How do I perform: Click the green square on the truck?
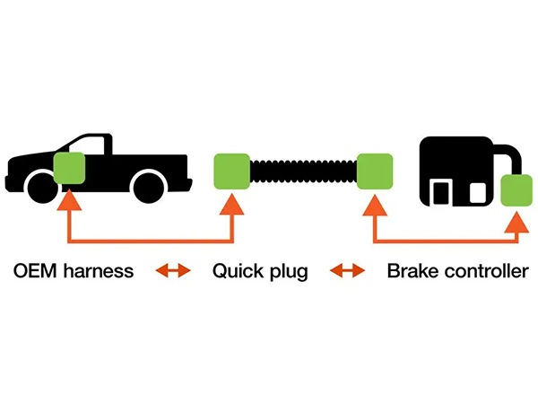click(x=69, y=168)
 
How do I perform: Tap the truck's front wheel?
click(x=42, y=189)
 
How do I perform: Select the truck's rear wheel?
click(x=149, y=189)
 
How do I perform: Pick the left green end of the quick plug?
click(x=232, y=171)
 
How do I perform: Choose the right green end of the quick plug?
click(x=375, y=171)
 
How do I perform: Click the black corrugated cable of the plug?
click(x=303, y=171)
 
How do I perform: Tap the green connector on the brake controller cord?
click(x=516, y=190)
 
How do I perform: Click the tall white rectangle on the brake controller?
click(x=441, y=193)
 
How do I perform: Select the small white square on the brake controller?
click(x=478, y=193)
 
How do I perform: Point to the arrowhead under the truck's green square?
click(x=69, y=199)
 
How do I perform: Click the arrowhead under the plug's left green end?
click(x=232, y=204)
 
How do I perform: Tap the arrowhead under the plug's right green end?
click(x=375, y=205)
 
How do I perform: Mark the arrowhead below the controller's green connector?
click(x=516, y=222)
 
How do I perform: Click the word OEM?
click(x=35, y=271)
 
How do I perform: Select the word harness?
click(x=99, y=271)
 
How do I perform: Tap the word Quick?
click(x=238, y=271)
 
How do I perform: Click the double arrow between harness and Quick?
click(x=173, y=271)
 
